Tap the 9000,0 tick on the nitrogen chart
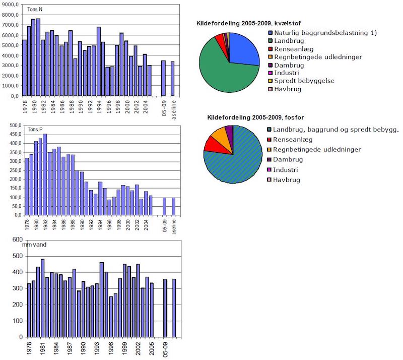click(x=11, y=5)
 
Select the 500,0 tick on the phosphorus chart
click(x=12, y=125)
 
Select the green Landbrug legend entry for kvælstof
click(x=287, y=41)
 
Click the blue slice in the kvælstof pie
click(x=244, y=49)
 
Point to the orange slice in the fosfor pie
click(x=220, y=135)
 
